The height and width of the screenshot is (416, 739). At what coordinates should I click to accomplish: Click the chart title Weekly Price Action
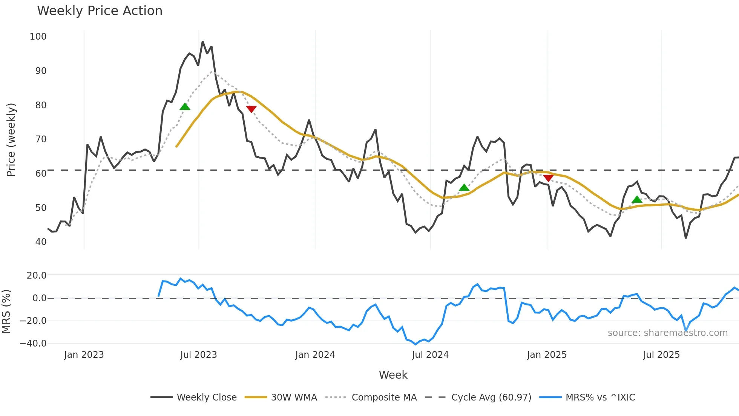tap(100, 11)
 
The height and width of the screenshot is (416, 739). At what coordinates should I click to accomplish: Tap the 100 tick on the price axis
tap(38, 37)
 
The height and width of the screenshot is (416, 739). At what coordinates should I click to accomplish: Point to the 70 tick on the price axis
tap(41, 139)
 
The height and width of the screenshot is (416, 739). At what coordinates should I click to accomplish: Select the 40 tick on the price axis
tap(41, 242)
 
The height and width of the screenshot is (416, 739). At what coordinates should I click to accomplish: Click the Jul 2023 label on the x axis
tap(198, 355)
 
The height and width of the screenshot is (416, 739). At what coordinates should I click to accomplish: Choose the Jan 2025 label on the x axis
tap(546, 355)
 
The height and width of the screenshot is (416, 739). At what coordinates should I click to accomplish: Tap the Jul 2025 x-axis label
tap(661, 355)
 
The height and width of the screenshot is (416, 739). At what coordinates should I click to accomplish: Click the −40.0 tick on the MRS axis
tap(33, 344)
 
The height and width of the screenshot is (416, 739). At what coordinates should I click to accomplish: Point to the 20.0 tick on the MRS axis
tap(37, 276)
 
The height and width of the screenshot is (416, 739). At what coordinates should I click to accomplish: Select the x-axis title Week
tap(393, 375)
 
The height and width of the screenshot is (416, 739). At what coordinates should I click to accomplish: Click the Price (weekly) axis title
tap(11, 140)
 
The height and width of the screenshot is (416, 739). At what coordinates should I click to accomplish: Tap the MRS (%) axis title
tap(6, 311)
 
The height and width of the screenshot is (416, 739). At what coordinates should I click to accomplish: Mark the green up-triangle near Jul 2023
tap(185, 107)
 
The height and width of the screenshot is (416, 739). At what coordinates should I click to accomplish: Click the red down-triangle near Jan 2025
tap(548, 178)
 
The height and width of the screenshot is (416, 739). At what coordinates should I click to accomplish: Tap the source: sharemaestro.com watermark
tap(667, 333)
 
